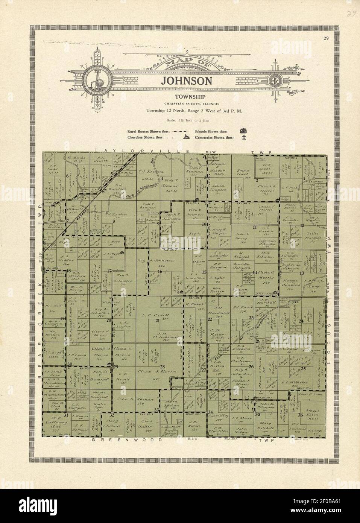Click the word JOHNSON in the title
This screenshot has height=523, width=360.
coord(187,81)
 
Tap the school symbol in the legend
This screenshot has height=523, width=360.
coord(243,131)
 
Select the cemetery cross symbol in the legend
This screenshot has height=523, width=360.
coord(244,137)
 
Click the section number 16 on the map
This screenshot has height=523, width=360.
coord(160,271)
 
